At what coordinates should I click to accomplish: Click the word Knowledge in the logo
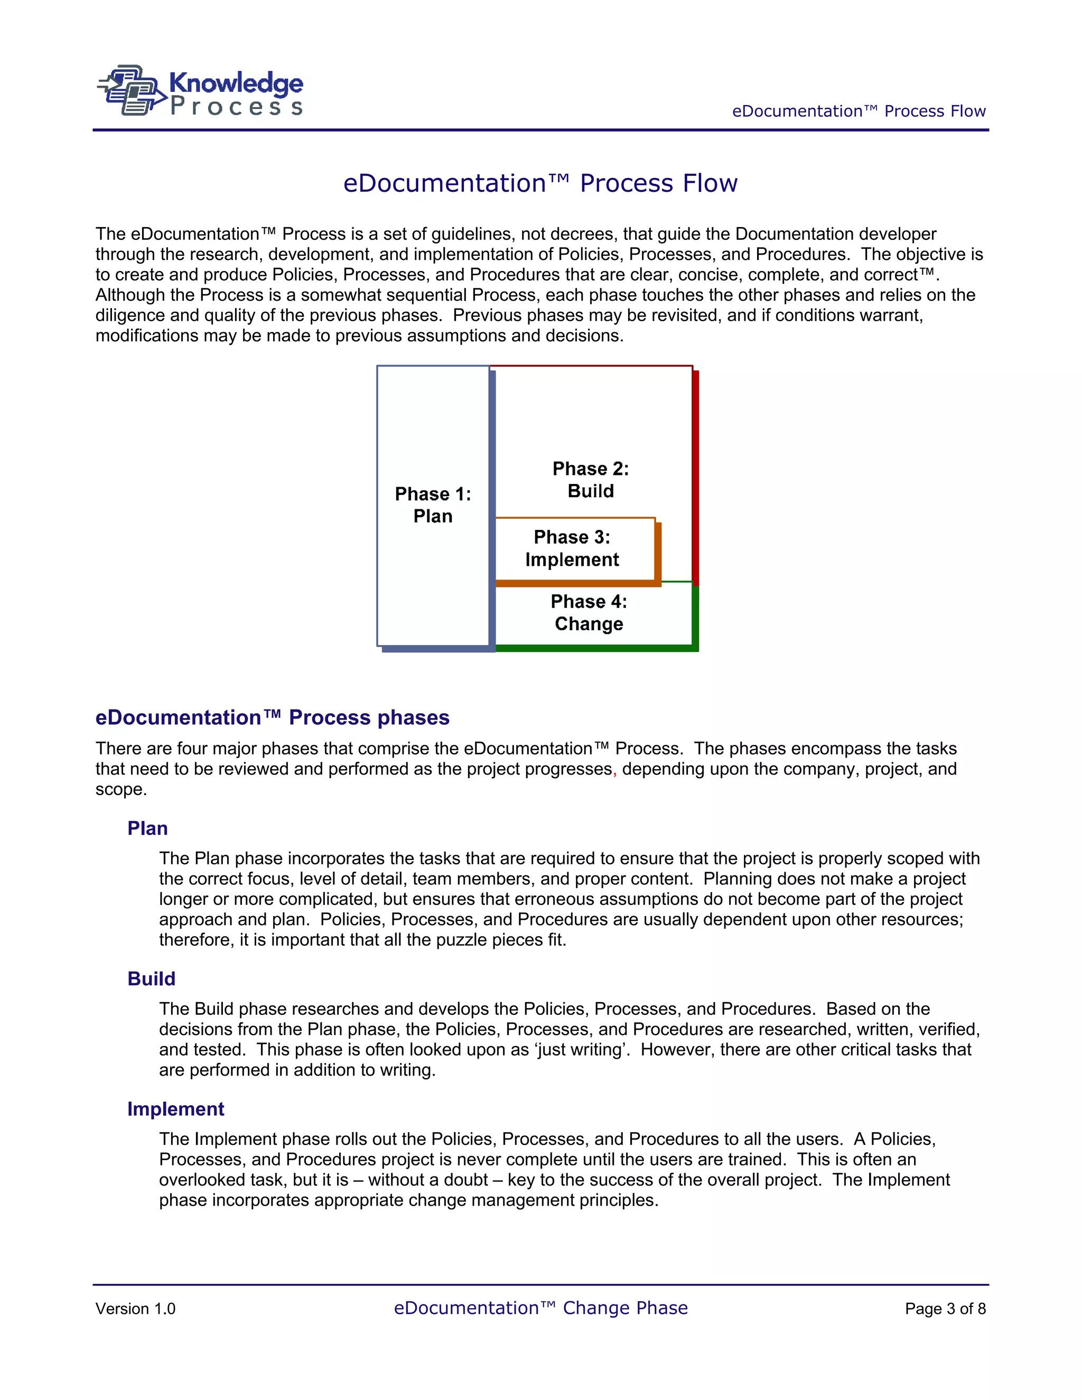(236, 83)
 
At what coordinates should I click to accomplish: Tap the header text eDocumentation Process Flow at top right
(859, 111)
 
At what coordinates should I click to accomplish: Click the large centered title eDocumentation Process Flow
(540, 183)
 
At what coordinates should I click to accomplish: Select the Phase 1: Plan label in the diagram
(433, 505)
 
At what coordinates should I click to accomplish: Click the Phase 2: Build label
(590, 480)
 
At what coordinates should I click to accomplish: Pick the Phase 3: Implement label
(572, 548)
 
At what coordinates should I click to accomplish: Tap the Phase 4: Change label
(589, 612)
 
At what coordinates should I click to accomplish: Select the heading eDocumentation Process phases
(273, 717)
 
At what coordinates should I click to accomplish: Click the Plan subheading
(147, 828)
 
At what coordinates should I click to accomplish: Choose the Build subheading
(151, 979)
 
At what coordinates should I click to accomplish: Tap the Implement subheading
(175, 1109)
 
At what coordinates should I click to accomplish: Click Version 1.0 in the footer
(135, 1309)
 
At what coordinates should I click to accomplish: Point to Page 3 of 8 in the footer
(945, 1309)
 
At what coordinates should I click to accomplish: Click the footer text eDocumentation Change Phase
(540, 1308)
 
